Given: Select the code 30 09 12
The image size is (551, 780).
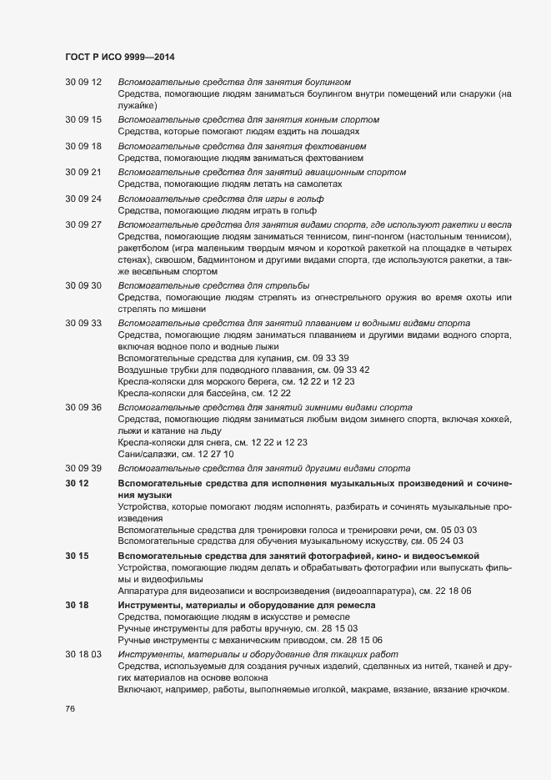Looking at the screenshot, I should pyautogui.click(x=83, y=82).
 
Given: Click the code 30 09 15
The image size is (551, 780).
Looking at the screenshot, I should pyautogui.click(x=83, y=120).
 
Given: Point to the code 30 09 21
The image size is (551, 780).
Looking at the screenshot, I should pyautogui.click(x=83, y=173).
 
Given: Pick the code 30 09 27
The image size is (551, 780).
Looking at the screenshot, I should pyautogui.click(x=83, y=225).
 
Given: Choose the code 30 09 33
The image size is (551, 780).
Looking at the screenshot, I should pyautogui.click(x=83, y=323).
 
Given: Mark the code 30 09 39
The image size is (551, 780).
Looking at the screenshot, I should pyautogui.click(x=83, y=467).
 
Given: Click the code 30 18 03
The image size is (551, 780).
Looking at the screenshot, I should pyautogui.click(x=83, y=653).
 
